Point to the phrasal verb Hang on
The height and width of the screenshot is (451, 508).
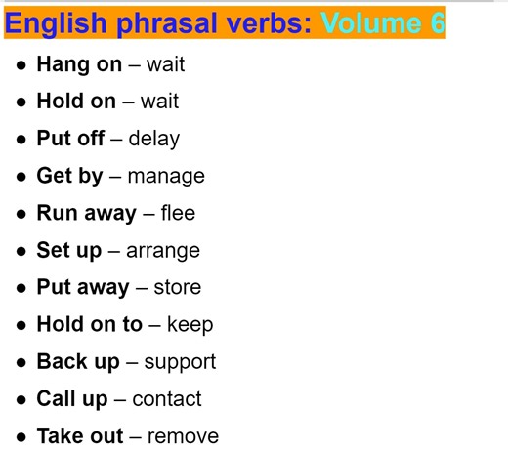coord(79,64)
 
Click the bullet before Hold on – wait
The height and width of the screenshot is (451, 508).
coord(21,102)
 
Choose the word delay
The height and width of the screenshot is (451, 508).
coord(153,139)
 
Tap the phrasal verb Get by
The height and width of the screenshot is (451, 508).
coord(69,176)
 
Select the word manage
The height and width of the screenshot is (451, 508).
coord(166,176)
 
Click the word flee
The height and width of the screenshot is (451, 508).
coord(178,213)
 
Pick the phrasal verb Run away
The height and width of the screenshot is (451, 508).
coord(85,213)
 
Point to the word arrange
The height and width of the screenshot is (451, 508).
coord(162,250)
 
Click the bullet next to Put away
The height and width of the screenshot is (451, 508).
coord(21,288)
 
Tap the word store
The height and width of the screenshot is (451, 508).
coord(177,287)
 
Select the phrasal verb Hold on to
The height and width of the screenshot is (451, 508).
coord(90,324)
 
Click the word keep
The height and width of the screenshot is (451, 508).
coord(190,324)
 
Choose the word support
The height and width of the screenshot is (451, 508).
coord(180,362)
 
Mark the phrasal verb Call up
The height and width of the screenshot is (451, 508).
coord(72,398)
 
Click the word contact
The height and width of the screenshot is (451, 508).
coord(167,398)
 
